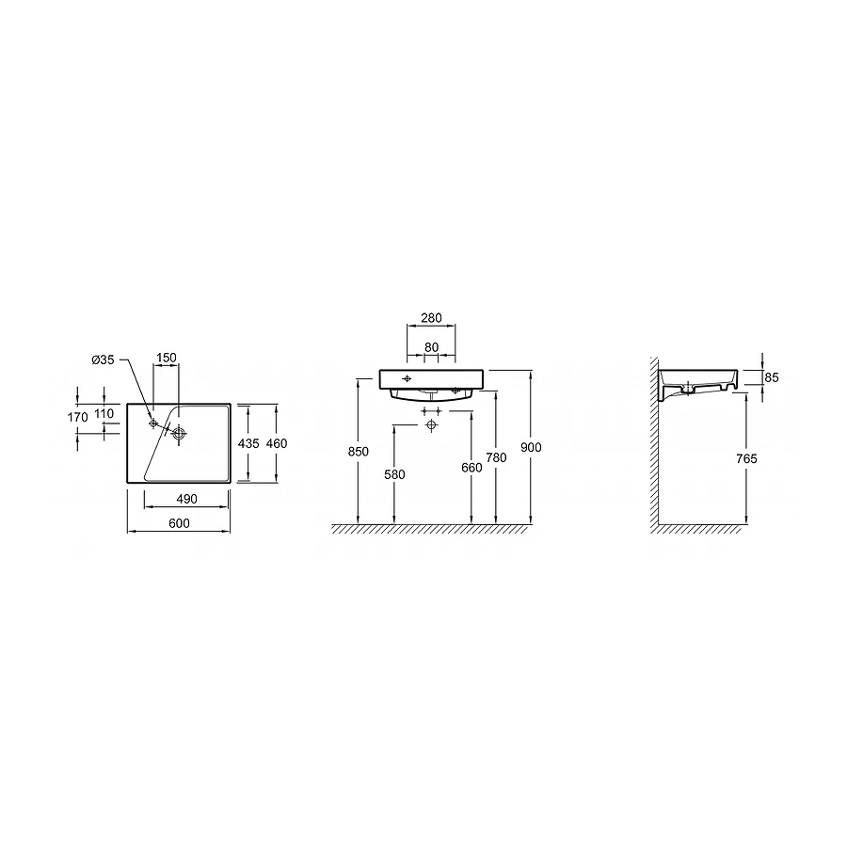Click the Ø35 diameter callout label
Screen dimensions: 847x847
point(104,360)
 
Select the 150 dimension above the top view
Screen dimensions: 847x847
point(167,358)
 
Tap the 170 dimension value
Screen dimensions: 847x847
point(78,417)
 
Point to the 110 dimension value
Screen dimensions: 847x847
point(104,414)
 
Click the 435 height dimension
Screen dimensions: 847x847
point(248,443)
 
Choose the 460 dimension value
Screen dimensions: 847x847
point(277,443)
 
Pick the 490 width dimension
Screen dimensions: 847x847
point(187,499)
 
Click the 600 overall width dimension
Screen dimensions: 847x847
point(180,523)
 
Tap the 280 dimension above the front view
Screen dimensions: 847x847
point(432,318)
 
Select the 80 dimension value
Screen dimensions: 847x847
point(432,347)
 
